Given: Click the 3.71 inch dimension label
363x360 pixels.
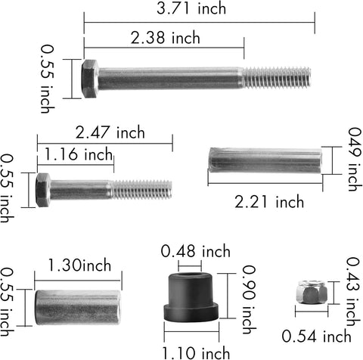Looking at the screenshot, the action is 191,8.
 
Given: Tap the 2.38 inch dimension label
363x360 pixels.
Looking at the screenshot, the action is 166,38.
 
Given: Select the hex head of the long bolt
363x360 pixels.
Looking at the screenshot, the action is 90,79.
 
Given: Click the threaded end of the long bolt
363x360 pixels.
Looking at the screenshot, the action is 276,78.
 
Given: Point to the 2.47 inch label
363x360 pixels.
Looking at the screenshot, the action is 110,132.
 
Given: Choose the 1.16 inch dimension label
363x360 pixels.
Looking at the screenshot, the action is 79,154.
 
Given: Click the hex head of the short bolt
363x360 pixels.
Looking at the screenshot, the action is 43,190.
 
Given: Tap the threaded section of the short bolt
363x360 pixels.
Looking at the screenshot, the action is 141,190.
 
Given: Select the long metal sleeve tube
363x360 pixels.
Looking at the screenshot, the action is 265,160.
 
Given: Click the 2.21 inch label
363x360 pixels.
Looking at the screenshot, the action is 269,202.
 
